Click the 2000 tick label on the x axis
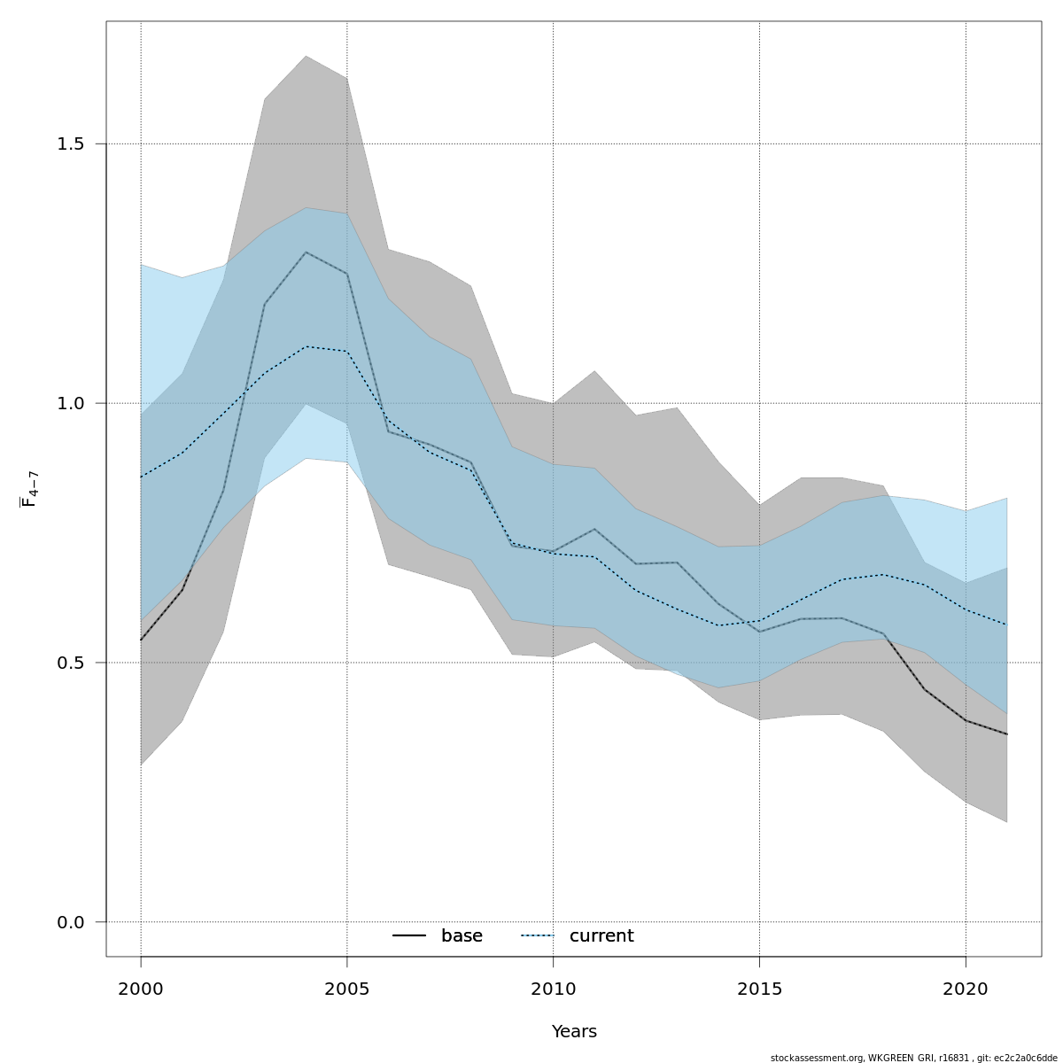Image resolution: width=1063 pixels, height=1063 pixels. click(x=141, y=989)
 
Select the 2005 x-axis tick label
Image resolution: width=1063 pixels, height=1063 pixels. click(x=346, y=989)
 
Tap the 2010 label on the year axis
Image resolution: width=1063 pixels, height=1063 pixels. click(x=553, y=989)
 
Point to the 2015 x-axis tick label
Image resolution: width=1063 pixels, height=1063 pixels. click(x=759, y=989)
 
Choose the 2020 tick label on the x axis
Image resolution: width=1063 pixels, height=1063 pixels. click(x=965, y=989)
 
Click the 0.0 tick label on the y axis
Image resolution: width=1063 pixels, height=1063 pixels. click(x=70, y=922)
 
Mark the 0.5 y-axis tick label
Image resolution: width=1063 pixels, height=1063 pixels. click(x=70, y=663)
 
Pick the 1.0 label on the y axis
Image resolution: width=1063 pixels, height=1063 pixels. click(x=70, y=403)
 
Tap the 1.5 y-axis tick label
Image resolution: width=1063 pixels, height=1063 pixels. click(x=70, y=144)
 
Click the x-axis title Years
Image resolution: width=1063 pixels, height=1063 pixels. click(x=574, y=1032)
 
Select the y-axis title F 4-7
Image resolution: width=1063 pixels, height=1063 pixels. click(x=29, y=489)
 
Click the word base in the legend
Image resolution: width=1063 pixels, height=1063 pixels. click(x=462, y=936)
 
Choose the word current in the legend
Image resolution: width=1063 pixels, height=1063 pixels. click(x=601, y=936)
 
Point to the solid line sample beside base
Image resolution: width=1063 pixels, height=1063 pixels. click(x=409, y=936)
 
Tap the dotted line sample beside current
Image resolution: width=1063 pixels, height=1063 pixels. click(x=537, y=936)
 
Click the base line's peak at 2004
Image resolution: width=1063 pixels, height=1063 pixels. click(x=306, y=252)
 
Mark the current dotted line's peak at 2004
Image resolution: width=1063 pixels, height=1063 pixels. click(x=306, y=346)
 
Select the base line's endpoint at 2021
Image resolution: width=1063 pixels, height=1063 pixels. click(x=1006, y=734)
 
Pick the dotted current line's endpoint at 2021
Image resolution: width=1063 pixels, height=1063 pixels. click(x=1006, y=625)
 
